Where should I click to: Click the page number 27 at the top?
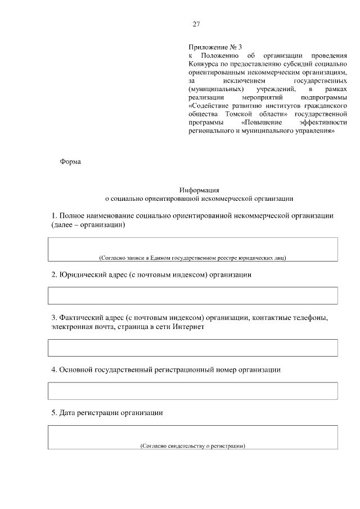click(x=196, y=24)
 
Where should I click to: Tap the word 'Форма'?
click(x=70, y=162)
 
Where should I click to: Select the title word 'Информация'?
click(x=199, y=190)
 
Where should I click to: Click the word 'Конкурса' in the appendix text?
click(x=203, y=64)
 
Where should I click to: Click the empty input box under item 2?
click(x=192, y=295)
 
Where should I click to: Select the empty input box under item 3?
click(x=192, y=348)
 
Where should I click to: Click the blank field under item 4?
click(x=192, y=390)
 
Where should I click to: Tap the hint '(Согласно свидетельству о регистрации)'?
click(x=193, y=445)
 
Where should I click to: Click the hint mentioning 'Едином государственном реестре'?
click(x=192, y=258)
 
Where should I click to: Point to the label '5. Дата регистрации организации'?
click(x=107, y=413)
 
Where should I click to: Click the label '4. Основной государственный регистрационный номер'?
click(x=166, y=370)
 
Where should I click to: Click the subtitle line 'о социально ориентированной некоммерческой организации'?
click(x=199, y=198)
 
